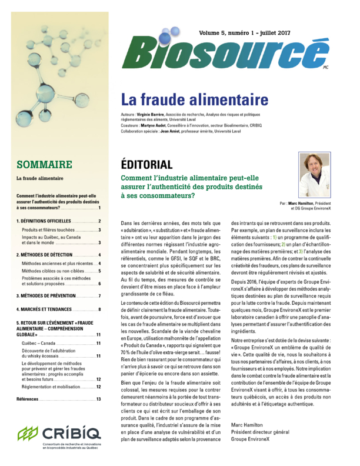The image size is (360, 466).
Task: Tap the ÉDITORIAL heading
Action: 146,164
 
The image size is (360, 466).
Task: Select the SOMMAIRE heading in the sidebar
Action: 44,164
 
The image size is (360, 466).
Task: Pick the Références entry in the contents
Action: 29,400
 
